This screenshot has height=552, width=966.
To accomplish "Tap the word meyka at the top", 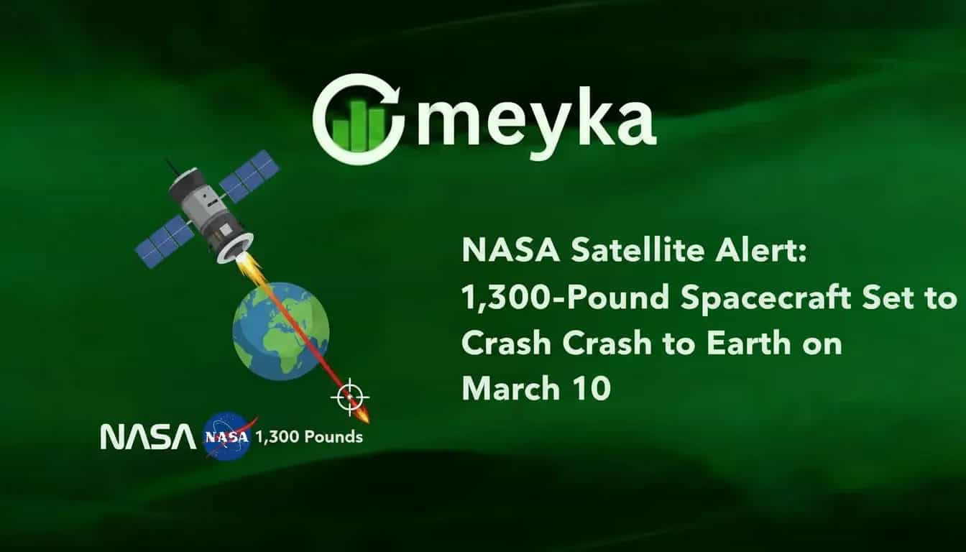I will point(535,120).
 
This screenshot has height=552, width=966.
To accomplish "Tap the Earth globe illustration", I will point(280,331).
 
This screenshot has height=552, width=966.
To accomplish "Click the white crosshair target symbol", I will point(350,397).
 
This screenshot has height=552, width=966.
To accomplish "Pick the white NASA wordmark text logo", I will point(147,436).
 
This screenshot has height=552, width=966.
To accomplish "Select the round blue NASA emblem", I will point(226,436).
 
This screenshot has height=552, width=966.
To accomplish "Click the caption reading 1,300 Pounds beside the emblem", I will point(309,436).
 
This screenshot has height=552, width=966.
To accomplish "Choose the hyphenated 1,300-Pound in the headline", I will point(566,298).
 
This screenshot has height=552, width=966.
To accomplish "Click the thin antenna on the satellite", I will point(172,167).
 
